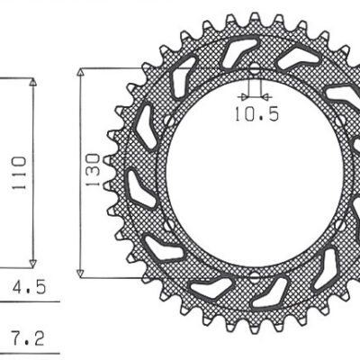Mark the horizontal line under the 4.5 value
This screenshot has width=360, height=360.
(27, 304)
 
